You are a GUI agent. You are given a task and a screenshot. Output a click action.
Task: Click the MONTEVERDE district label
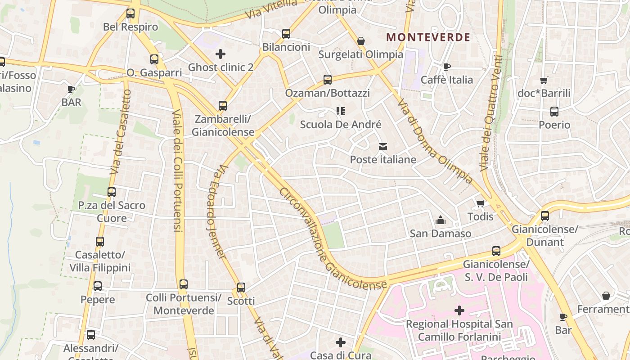point(428,37)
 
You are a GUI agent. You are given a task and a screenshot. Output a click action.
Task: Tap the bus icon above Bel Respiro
point(130,13)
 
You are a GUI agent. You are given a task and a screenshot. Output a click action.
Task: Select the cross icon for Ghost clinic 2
point(220,54)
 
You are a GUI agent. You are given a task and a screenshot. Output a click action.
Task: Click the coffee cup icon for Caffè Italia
point(446,67)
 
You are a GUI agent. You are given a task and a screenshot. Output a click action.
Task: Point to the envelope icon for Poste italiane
point(383,146)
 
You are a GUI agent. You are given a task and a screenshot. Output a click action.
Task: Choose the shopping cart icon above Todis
point(480,203)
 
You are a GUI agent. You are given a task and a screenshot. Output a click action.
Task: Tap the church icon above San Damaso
point(440,220)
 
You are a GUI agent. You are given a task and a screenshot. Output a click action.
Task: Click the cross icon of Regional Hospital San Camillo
point(459,310)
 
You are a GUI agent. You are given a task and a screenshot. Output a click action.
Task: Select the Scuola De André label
point(341,125)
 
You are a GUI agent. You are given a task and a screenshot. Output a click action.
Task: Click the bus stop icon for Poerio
point(554,112)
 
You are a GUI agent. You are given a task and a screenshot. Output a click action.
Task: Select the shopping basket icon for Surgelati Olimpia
point(360,41)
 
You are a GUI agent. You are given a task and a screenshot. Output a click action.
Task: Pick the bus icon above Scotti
point(241,288)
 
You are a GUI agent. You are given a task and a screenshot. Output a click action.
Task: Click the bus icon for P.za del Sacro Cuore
point(112,192)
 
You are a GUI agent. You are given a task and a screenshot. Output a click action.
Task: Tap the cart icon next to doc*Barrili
point(544,81)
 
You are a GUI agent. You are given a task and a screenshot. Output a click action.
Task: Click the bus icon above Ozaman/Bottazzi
point(328,80)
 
